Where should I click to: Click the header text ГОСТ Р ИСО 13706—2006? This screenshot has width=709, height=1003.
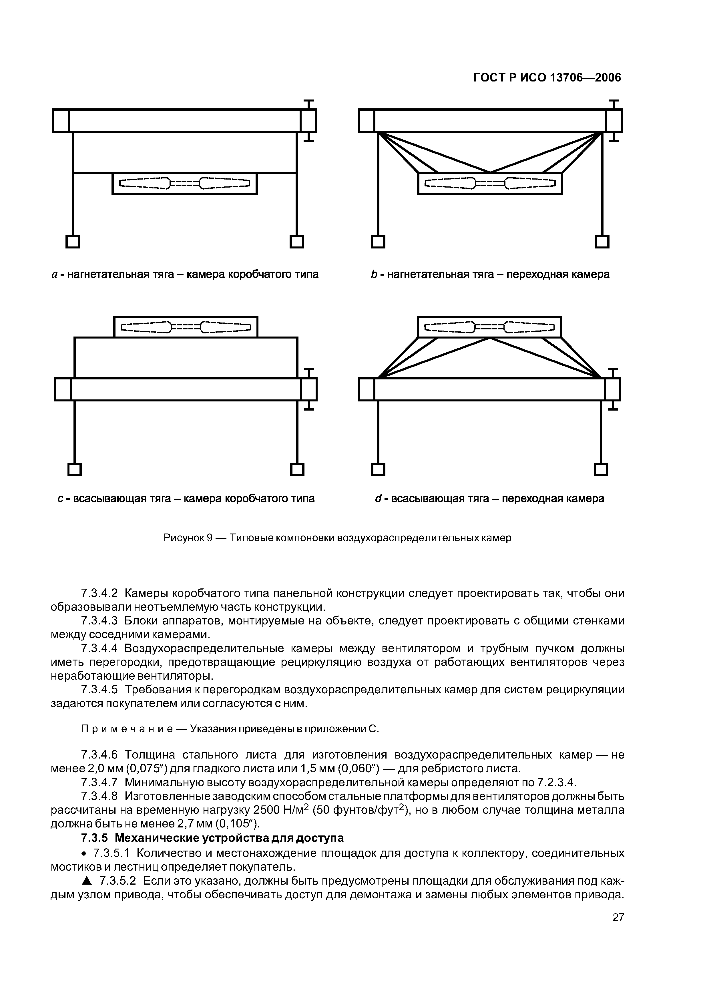point(547,78)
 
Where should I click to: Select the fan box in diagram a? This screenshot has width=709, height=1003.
point(184,184)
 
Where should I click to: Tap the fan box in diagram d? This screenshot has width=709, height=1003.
point(489,327)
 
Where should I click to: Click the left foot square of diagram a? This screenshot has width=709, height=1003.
point(73,242)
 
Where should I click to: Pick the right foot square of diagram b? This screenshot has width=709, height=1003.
point(602,242)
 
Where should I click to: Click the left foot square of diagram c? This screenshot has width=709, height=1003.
point(75,469)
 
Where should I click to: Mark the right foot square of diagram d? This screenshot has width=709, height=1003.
point(601,469)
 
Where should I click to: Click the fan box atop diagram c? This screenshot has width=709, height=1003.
point(186,327)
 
